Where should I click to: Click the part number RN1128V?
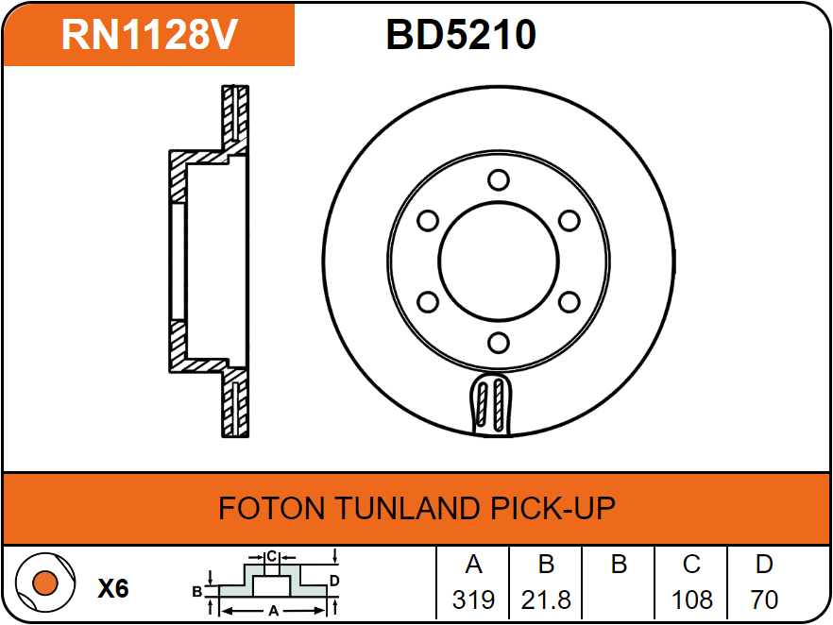(x=148, y=35)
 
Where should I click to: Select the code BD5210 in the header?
(x=461, y=35)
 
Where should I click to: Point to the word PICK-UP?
(x=552, y=509)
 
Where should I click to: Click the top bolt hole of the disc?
(x=498, y=179)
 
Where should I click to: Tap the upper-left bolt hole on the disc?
(x=428, y=220)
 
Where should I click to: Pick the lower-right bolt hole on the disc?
(x=569, y=301)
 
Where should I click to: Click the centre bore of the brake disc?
(x=498, y=261)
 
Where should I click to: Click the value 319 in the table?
(x=473, y=600)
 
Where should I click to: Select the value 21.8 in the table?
(x=546, y=600)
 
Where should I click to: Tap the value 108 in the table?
(x=691, y=600)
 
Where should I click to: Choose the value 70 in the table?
(x=764, y=600)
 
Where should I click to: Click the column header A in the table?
(x=473, y=565)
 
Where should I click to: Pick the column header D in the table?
(x=764, y=565)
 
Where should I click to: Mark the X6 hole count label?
(x=113, y=589)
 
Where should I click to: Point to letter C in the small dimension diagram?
(x=271, y=555)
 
